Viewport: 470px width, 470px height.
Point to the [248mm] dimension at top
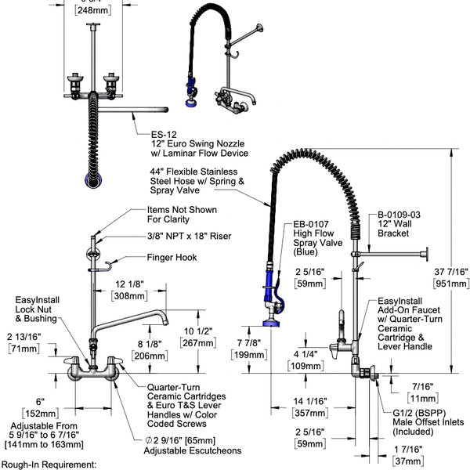click(98, 12)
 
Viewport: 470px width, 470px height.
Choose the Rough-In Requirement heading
click(49, 465)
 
